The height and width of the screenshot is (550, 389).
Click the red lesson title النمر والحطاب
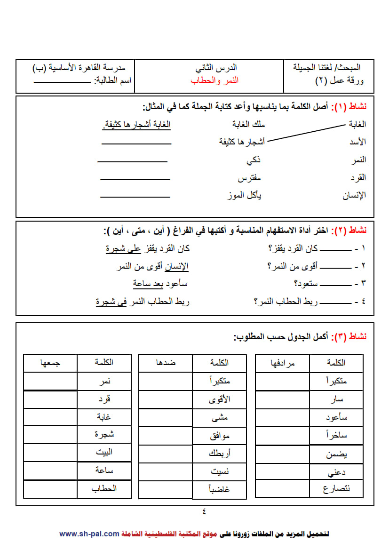click(x=214, y=80)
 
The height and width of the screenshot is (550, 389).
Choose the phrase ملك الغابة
click(x=249, y=124)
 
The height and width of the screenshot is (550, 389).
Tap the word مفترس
click(x=249, y=178)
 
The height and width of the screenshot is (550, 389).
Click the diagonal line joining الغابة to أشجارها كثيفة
click(x=306, y=133)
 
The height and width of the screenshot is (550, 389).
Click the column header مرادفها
click(x=282, y=363)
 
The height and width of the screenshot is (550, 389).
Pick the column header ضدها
click(x=166, y=363)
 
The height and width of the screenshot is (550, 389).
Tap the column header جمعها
click(x=50, y=363)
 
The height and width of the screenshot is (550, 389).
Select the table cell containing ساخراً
click(x=336, y=436)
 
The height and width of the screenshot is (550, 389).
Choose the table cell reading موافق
click(x=220, y=436)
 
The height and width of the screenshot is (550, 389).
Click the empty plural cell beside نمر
click(x=50, y=381)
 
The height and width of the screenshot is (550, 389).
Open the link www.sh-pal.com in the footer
click(x=89, y=534)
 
